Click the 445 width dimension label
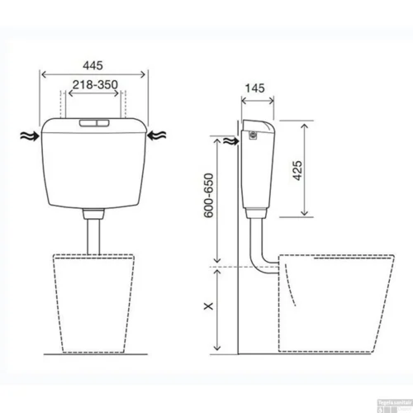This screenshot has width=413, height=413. pyautogui.click(x=95, y=62)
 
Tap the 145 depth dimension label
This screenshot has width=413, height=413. pyautogui.click(x=254, y=87)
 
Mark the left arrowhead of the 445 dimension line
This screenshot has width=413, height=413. pyautogui.click(x=41, y=72)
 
